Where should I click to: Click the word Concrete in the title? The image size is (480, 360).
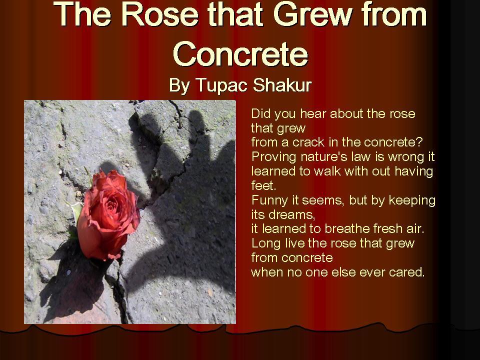pos(240,54)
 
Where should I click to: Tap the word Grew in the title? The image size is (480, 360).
pos(312,14)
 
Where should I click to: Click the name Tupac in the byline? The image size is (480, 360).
pos(221,85)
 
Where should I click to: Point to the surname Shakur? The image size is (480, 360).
pos(282,85)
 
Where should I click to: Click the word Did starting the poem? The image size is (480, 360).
pos(261,113)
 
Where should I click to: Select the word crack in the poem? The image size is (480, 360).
pos(308,142)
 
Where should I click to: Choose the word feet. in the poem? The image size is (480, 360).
pos(263,185)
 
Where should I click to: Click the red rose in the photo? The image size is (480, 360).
pos(108,215)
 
